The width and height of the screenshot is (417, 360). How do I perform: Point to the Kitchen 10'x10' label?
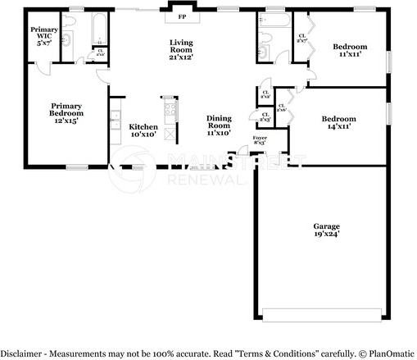click(143, 130)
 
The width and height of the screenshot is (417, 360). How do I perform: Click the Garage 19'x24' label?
click(326, 230)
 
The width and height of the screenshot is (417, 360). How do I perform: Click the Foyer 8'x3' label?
click(260, 140)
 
